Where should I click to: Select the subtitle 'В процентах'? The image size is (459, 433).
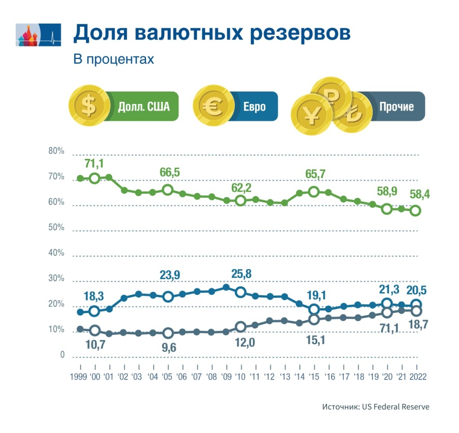coord(114,60)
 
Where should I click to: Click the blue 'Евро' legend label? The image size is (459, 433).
coord(255,107)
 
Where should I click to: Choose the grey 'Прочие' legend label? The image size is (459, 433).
coord(396,107)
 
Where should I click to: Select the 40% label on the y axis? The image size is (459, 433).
coord(56,254)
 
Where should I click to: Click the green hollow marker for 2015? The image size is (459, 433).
coord(314,192)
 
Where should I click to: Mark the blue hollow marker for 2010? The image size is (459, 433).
coord(241,292)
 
